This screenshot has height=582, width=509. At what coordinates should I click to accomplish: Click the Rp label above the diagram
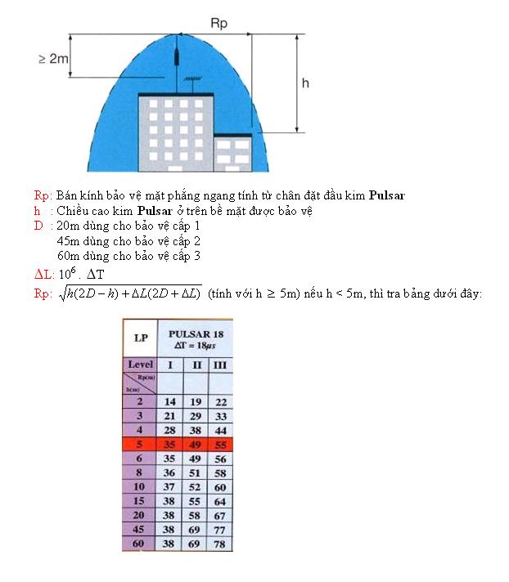pos(219,25)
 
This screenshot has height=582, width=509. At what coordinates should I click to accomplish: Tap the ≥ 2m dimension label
pos(54,59)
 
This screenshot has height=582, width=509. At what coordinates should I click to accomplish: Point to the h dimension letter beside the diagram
pos(304,83)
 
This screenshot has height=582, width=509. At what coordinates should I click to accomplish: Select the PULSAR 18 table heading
pos(195,334)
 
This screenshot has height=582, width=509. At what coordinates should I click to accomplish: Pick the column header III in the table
pos(219,364)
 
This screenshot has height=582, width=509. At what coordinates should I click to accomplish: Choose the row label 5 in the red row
pos(139,444)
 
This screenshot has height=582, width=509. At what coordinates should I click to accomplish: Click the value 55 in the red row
pos(219,444)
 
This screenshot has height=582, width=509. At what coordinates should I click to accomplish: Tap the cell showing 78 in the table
pos(219,544)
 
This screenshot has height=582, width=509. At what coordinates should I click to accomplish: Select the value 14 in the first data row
pos(170,401)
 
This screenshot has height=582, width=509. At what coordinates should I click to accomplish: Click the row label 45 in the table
pos(139,530)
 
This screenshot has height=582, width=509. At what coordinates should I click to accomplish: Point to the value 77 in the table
pos(219,530)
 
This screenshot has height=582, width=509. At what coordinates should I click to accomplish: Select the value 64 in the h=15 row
pos(219,501)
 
